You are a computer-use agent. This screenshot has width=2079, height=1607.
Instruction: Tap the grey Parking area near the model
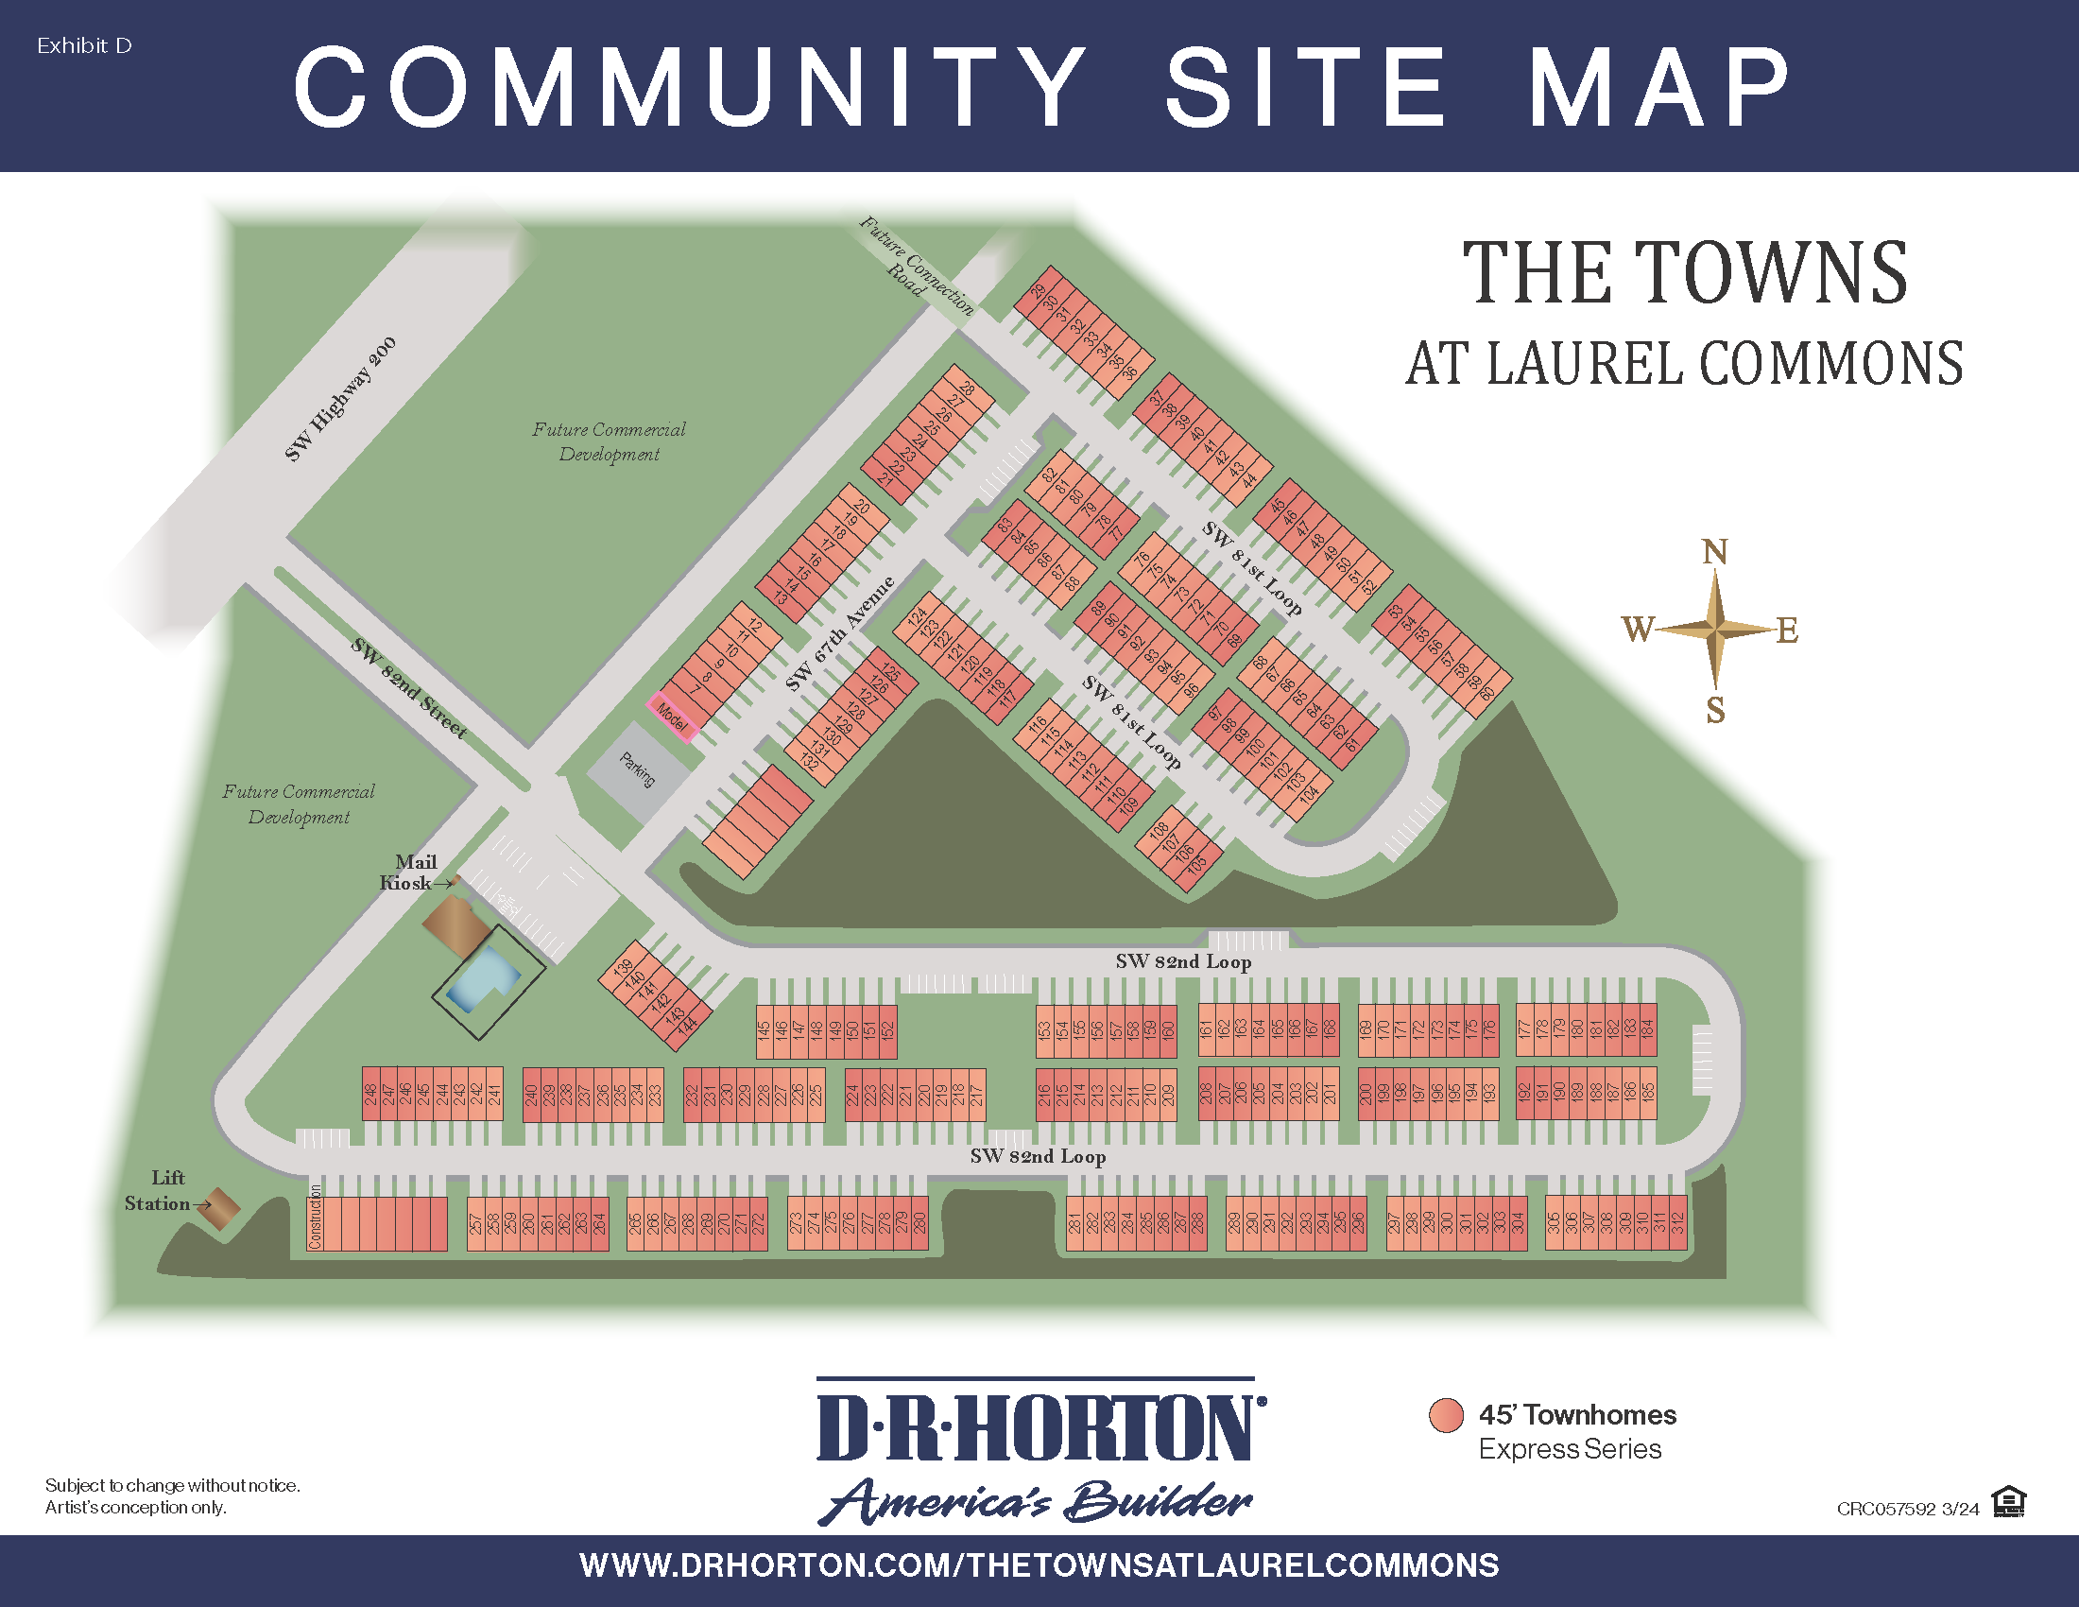637,770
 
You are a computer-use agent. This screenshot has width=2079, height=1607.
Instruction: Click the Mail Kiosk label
409,873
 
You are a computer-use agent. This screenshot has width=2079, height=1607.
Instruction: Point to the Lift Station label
160,1191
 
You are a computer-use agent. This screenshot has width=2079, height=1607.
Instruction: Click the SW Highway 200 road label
340,399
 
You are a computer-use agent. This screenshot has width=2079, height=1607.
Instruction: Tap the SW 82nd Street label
408,687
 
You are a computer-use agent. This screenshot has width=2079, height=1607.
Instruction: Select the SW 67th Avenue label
839,633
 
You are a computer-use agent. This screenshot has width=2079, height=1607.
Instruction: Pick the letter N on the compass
1714,552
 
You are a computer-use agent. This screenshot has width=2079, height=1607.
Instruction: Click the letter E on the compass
1787,631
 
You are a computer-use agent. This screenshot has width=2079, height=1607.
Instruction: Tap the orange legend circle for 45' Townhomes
1446,1416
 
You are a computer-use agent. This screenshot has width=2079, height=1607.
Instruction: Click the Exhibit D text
84,45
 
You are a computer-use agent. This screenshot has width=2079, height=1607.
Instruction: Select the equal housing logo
2008,1501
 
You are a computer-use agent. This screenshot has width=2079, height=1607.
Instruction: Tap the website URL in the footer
1039,1565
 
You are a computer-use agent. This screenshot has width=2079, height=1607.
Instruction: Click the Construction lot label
316,1217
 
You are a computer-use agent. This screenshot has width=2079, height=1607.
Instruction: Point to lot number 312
1677,1223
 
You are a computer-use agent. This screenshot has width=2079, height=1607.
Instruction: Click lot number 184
1647,1029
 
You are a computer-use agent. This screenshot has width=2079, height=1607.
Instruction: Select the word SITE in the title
1306,87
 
